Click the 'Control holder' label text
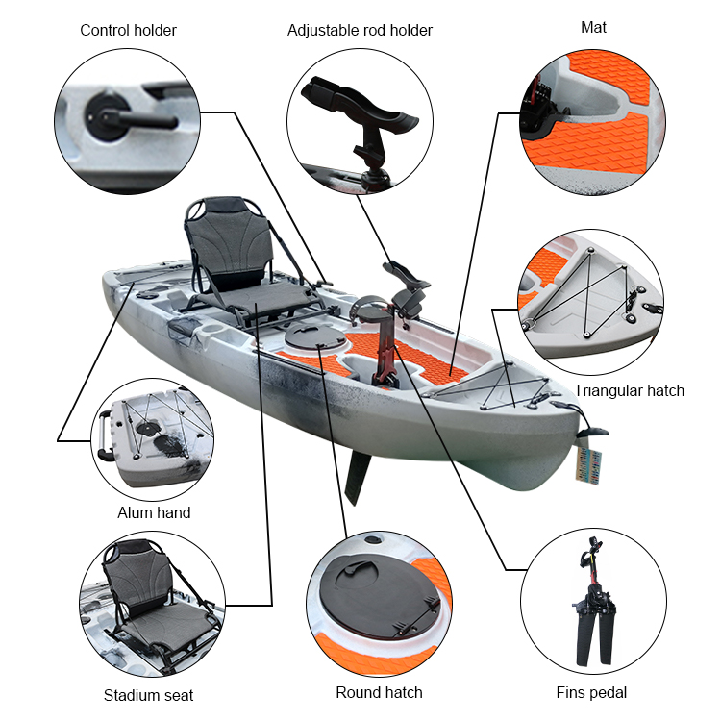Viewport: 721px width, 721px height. point(128,30)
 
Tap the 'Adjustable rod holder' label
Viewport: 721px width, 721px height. point(360,30)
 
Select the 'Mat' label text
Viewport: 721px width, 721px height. point(593,27)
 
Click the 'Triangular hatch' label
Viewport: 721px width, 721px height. point(629,390)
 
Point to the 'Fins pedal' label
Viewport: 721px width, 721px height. point(591,692)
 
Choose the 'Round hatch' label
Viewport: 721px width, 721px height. point(379,692)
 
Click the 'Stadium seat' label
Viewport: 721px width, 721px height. point(148,695)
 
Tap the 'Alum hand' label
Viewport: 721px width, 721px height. point(154,512)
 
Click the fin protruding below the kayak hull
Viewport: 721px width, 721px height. point(359,478)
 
